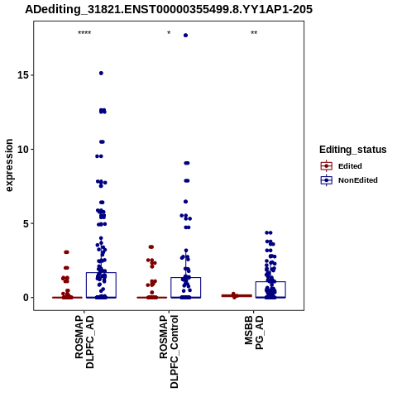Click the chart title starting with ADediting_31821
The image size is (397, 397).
[x=169, y=9]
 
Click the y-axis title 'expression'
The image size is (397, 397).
[x=9, y=165]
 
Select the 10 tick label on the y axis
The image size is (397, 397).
[x=23, y=149]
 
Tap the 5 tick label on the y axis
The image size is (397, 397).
[x=26, y=223]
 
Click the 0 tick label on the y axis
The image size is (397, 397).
[x=26, y=298]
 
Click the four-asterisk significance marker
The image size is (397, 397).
[x=84, y=33]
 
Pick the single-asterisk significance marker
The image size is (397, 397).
[x=169, y=33]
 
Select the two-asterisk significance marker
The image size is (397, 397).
[x=254, y=33]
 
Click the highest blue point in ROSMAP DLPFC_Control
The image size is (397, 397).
[x=185, y=36]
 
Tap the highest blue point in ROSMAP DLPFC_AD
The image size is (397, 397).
[x=101, y=73]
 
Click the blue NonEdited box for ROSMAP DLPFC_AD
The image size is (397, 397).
[x=101, y=285]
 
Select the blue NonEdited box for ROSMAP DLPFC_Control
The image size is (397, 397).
[x=185, y=288]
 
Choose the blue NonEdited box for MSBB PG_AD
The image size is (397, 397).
[x=270, y=289]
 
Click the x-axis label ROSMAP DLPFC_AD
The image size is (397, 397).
[x=84, y=342]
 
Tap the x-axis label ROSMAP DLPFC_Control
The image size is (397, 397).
[x=169, y=352]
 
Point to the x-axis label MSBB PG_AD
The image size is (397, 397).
[x=254, y=332]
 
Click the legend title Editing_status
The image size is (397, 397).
[x=353, y=150]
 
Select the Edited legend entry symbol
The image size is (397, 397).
[x=327, y=166]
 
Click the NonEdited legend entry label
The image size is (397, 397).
[x=358, y=180]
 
